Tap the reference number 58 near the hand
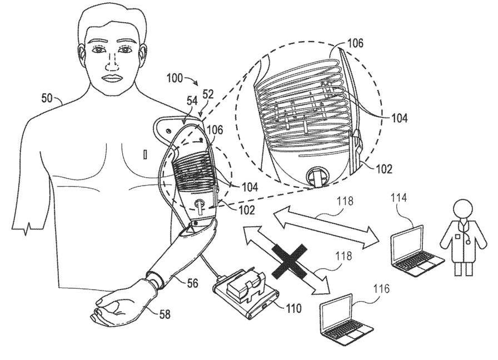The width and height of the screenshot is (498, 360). point(165,314)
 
